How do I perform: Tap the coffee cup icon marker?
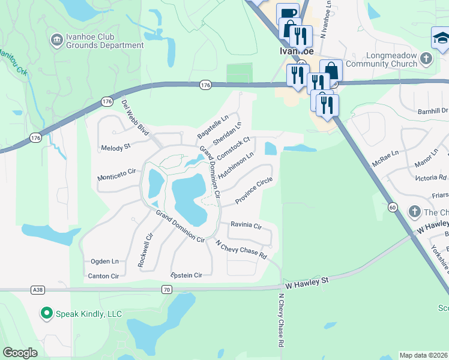coord(288,14)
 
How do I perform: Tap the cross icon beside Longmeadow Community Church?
coord(426,59)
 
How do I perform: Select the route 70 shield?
coord(167,289)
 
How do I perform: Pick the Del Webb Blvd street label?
coord(135,118)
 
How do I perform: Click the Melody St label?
coord(116,147)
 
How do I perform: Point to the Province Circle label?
coord(253,190)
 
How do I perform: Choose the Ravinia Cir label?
coord(247,226)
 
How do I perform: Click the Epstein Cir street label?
coord(187,275)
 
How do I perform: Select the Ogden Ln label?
coord(104,261)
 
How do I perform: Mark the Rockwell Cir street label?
coord(146,250)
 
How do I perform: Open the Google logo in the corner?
coord(20,353)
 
